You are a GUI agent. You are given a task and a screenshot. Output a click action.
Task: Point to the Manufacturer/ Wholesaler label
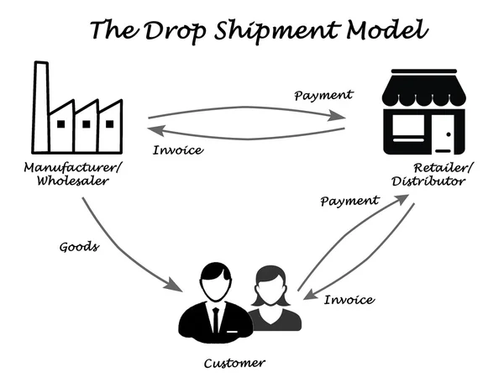(73, 173)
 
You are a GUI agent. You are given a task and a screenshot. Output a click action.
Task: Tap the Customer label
(235, 363)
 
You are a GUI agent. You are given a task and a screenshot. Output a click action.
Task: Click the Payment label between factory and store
(324, 95)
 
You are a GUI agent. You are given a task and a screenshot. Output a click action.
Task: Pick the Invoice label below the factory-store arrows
(180, 150)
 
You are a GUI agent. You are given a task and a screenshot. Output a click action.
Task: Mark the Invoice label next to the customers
(349, 299)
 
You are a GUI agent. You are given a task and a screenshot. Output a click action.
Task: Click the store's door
(447, 134)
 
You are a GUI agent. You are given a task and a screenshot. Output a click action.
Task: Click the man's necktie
(217, 318)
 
